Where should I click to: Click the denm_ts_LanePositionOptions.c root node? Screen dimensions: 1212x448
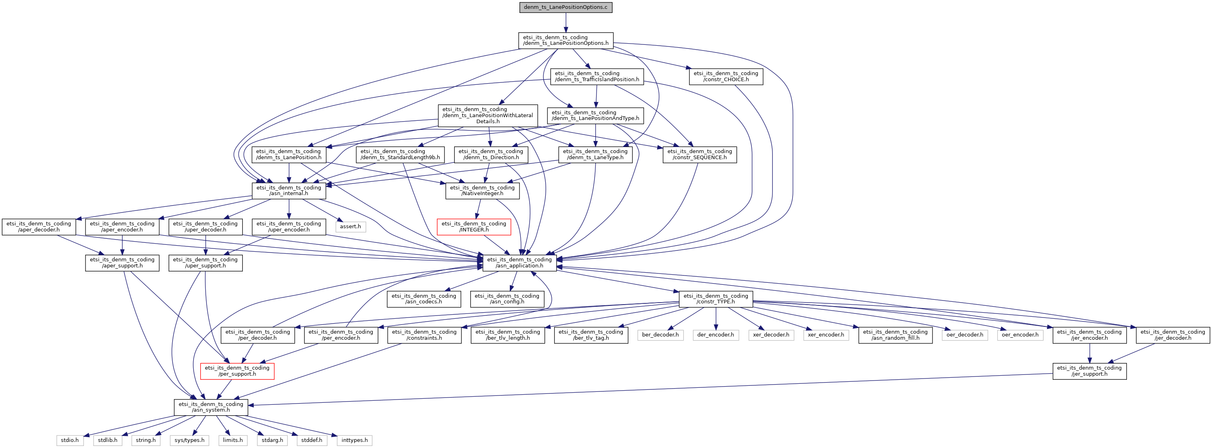(565, 8)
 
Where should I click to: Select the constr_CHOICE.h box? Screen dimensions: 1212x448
(726, 76)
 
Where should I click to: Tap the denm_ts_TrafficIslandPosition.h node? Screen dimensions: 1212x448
(597, 76)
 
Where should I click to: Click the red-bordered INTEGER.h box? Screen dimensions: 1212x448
(474, 227)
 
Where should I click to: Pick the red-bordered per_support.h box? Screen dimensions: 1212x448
(237, 371)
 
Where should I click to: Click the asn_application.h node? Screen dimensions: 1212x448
(519, 263)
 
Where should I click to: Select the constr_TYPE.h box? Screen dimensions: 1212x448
(716, 299)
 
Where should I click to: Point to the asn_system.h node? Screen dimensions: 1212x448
(211, 407)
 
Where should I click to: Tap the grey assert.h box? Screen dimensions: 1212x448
(350, 227)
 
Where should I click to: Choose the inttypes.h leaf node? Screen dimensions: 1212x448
(354, 440)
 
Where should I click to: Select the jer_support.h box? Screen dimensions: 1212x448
(1090, 371)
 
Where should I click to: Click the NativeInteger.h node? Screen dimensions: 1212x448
(482, 190)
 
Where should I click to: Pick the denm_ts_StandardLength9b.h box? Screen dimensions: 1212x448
(400, 154)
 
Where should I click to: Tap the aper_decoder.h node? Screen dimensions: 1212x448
(39, 227)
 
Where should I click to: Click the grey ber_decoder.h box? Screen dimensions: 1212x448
(661, 335)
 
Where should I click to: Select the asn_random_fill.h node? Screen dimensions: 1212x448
(895, 335)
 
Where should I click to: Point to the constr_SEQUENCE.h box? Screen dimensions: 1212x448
(700, 154)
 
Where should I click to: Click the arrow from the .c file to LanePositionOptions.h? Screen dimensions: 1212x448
(565, 23)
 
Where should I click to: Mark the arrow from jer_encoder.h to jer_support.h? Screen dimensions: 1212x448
(1090, 353)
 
